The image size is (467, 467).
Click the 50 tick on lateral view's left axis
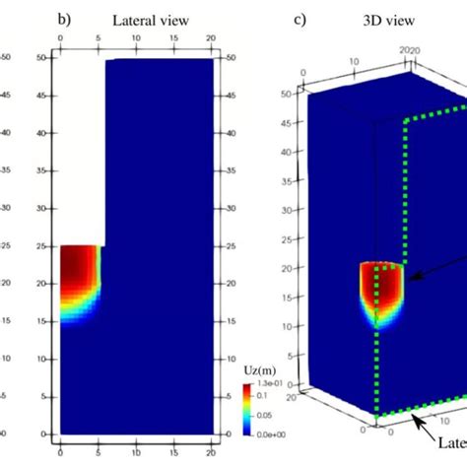(x=50, y=59)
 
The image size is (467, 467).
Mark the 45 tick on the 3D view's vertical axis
(x=298, y=121)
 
